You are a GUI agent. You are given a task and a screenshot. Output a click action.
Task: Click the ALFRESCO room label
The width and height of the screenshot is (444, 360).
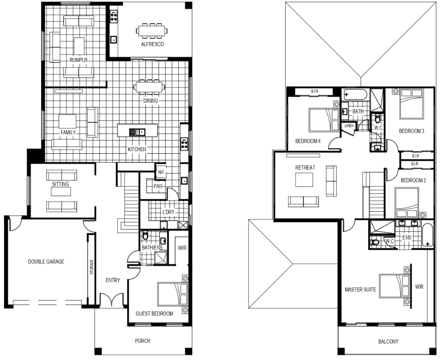click(152, 44)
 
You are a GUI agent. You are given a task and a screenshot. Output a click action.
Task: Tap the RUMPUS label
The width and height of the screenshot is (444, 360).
click(78, 60)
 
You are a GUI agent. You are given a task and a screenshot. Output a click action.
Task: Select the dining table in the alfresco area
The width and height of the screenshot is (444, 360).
click(151, 30)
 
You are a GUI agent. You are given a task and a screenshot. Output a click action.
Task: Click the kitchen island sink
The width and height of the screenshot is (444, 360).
click(137, 132)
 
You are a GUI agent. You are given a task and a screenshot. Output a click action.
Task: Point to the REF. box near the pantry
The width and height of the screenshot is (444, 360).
click(161, 172)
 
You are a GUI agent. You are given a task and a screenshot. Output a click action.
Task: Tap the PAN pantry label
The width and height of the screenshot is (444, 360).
click(158, 186)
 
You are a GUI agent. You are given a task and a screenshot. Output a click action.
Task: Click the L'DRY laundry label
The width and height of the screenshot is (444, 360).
click(168, 212)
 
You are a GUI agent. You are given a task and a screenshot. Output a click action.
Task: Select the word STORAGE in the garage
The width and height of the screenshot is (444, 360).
click(92, 267)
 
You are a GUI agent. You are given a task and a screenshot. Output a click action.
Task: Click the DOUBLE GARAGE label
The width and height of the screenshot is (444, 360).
click(46, 262)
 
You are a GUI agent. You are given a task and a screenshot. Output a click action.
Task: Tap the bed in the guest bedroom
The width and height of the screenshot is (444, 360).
click(172, 294)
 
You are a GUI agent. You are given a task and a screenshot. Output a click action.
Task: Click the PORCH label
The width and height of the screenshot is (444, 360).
click(142, 341)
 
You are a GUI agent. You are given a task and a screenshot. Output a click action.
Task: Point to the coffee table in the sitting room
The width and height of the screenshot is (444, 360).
click(61, 192)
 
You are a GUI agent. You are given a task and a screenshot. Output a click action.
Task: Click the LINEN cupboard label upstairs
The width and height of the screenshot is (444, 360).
click(349, 126)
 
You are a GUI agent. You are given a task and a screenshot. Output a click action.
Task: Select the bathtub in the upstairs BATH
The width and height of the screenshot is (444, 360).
click(355, 95)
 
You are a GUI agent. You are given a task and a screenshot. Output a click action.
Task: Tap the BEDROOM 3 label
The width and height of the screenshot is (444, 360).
click(412, 131)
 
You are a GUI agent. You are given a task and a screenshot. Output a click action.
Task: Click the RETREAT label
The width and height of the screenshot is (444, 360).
click(305, 167)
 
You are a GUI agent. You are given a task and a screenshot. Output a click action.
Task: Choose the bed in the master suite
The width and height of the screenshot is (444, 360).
click(394, 286)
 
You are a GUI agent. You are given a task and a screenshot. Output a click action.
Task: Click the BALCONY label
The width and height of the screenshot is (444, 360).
click(388, 341)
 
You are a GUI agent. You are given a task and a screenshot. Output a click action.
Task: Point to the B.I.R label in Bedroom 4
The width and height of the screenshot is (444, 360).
click(314, 91)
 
